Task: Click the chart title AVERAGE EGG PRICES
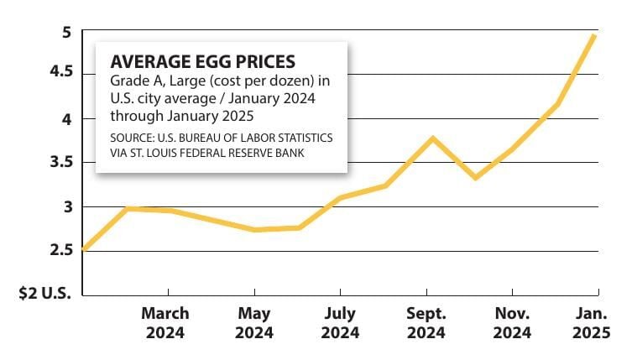(203, 62)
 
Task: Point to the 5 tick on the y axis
(65, 33)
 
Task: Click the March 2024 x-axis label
(165, 323)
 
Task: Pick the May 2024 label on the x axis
(254, 323)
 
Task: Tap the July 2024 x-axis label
(340, 323)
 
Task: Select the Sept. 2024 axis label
(426, 323)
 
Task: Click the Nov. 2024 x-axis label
(512, 323)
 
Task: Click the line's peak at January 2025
(595, 35)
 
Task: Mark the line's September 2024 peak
(431, 138)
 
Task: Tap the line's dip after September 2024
(475, 177)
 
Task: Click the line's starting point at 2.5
(84, 249)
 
